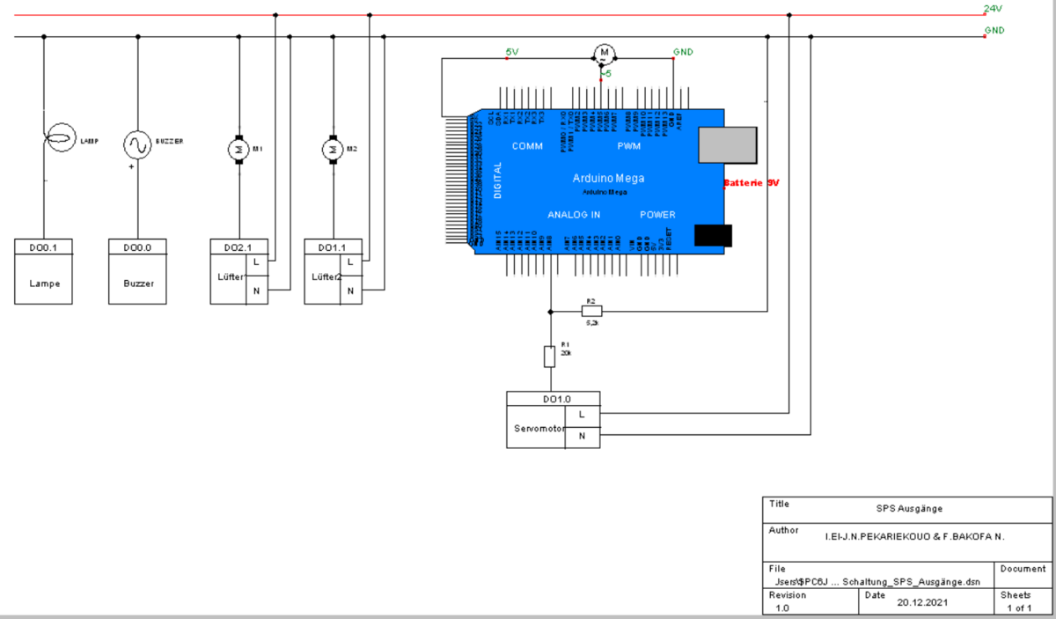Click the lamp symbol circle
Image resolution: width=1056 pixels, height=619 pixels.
click(60, 139)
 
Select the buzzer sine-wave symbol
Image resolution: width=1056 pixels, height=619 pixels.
click(137, 143)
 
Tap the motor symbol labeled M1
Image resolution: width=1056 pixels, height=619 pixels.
click(238, 149)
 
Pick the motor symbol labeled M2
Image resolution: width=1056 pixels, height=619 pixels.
click(332, 149)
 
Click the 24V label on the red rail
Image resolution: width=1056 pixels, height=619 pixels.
click(993, 9)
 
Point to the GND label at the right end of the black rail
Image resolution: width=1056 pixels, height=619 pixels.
click(994, 31)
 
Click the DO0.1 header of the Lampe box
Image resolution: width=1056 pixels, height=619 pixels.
click(43, 247)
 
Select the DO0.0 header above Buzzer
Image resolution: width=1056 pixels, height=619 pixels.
click(137, 247)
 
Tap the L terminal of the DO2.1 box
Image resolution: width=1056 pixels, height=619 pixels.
click(256, 262)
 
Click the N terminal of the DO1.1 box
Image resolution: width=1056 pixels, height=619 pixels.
click(350, 291)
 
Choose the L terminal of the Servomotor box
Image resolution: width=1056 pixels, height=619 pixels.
click(581, 413)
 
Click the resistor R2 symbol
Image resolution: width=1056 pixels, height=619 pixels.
click(591, 310)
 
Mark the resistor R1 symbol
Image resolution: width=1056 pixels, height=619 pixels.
click(550, 357)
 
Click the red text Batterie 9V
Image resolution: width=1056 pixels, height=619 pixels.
click(751, 184)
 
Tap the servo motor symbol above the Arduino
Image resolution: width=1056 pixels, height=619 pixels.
click(604, 54)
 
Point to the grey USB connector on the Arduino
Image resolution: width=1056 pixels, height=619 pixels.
click(727, 144)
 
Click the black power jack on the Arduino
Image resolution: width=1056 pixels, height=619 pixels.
click(713, 236)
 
